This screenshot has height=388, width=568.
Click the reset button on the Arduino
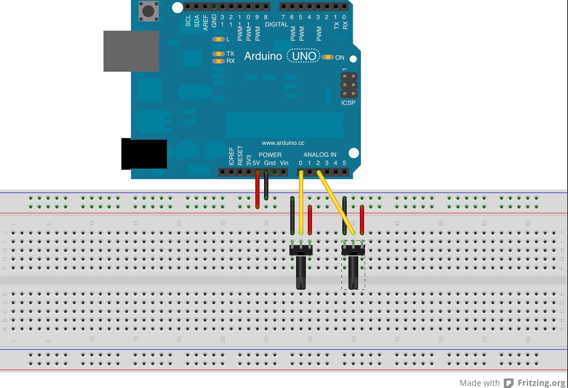pyautogui.click(x=148, y=11)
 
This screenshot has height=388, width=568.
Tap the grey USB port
pyautogui.click(x=131, y=51)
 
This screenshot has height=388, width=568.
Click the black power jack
pyautogui.click(x=144, y=154)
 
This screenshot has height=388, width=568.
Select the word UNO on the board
pyautogui.click(x=304, y=56)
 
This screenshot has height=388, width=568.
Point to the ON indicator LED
pyautogui.click(x=327, y=57)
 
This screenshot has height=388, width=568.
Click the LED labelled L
pyautogui.click(x=218, y=39)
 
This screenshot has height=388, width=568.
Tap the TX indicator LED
pyautogui.click(x=218, y=54)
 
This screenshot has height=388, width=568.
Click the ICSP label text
pyautogui.click(x=348, y=103)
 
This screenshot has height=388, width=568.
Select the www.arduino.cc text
pyautogui.click(x=283, y=143)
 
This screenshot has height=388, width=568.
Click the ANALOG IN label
pyautogui.click(x=320, y=155)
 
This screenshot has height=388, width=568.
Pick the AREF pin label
pyautogui.click(x=206, y=23)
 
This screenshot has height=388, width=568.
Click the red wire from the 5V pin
pyautogui.click(x=258, y=189)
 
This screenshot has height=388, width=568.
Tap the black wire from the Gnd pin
pyautogui.click(x=266, y=186)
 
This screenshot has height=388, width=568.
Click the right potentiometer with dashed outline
pyautogui.click(x=353, y=265)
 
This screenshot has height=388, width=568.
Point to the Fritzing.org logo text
pyautogui.click(x=541, y=383)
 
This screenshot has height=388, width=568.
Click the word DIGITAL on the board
pyautogui.click(x=276, y=25)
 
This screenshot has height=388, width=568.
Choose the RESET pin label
pyautogui.click(x=240, y=155)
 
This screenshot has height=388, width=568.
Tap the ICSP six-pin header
pyautogui.click(x=349, y=85)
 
